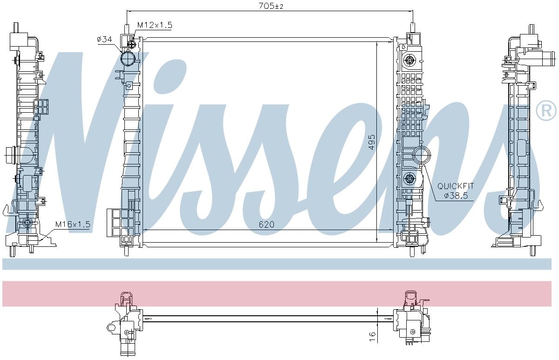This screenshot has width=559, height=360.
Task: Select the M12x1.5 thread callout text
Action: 154,25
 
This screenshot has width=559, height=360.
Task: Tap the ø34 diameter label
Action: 104,40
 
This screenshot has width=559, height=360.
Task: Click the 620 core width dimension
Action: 266,224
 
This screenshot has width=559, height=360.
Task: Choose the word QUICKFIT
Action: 456,186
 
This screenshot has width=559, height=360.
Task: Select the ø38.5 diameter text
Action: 456,196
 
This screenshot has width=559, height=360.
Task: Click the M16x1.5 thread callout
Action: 72,224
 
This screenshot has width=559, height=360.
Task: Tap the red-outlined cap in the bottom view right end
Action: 410,298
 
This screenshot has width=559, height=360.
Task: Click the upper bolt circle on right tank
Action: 410,59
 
